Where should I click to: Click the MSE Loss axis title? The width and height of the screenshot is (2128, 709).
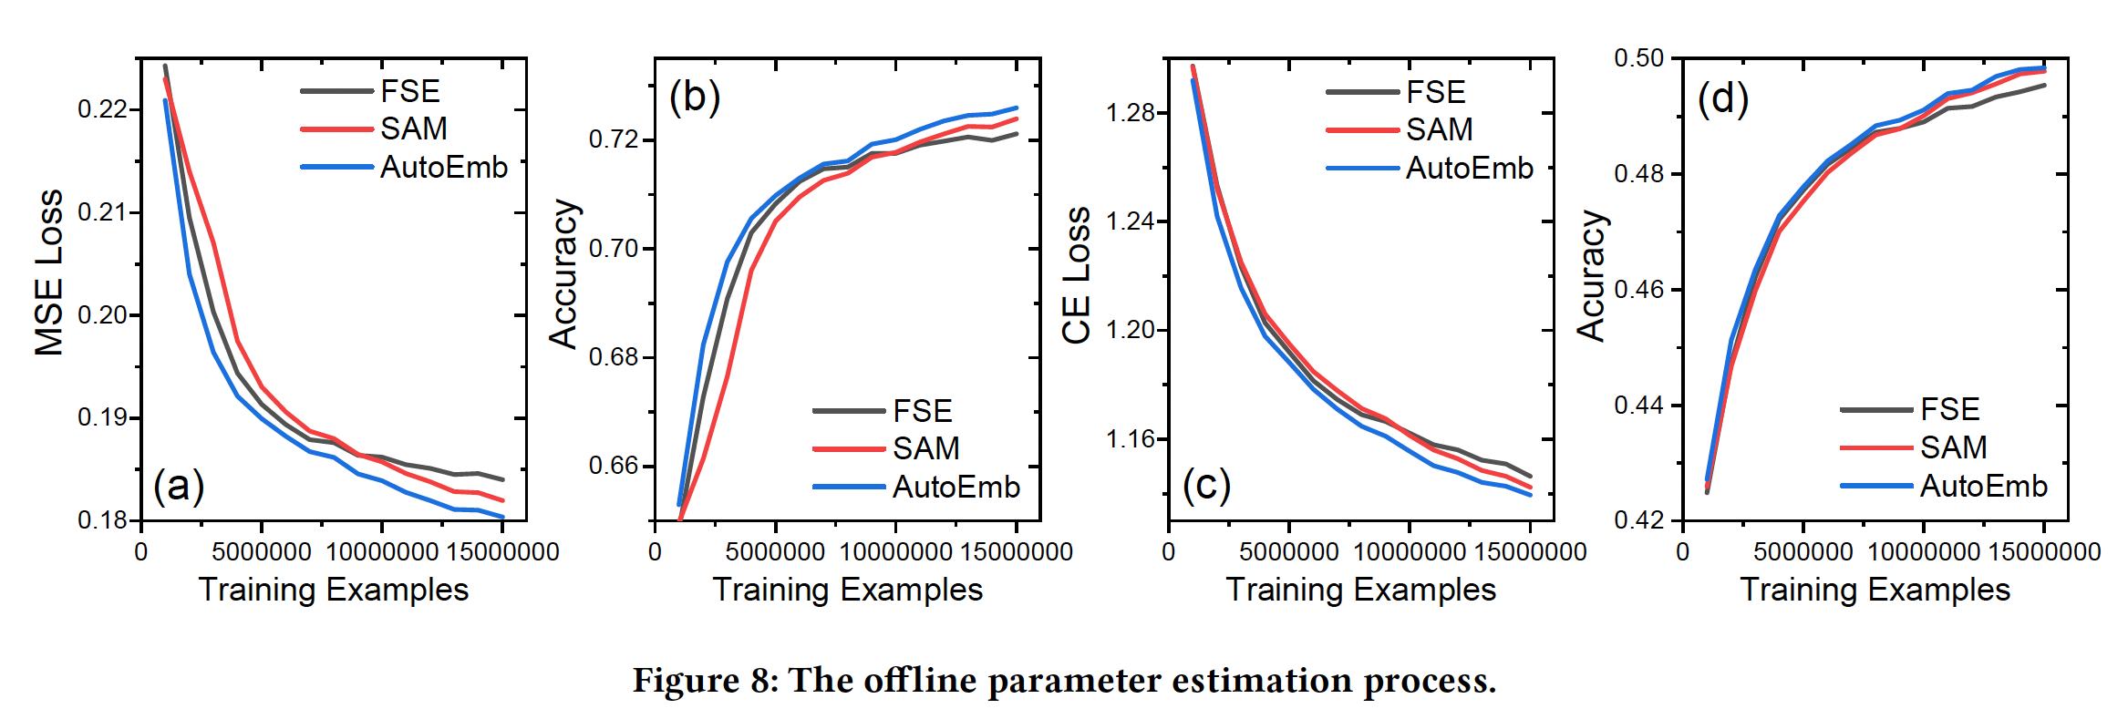[x=49, y=272]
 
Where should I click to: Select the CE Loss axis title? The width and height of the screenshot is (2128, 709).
[x=1077, y=275]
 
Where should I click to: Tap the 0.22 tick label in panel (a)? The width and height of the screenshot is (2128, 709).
[x=102, y=109]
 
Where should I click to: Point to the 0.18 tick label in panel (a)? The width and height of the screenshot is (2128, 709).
[x=102, y=520]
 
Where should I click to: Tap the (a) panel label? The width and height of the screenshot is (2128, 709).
[x=179, y=486]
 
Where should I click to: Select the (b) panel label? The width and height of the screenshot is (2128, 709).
[x=695, y=97]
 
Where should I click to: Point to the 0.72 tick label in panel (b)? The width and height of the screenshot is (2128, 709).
[x=615, y=140]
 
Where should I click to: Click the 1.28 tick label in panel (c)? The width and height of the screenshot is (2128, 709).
[x=1131, y=113]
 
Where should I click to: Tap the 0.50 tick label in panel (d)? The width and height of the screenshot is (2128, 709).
[x=1638, y=58]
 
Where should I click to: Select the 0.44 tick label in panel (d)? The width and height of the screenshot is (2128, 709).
[x=1638, y=405]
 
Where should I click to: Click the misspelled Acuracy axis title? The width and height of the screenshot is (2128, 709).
[x=1591, y=275]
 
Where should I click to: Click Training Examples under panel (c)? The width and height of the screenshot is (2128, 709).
[x=1360, y=590]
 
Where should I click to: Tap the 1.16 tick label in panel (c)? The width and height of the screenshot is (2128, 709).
[x=1131, y=439]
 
